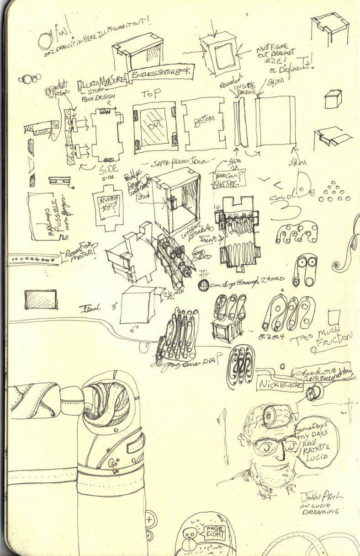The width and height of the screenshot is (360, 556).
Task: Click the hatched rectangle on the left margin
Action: coord(41,299)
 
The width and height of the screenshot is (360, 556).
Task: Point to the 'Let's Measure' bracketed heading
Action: coord(101,84)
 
